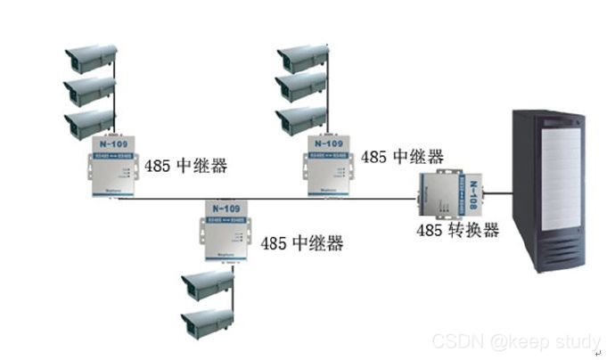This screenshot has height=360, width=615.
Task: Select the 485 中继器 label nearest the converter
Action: click(402, 157)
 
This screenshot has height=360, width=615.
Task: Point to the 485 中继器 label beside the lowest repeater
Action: click(301, 242)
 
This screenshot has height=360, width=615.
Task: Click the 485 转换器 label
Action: click(457, 230)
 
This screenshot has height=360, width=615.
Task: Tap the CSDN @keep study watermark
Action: click(516, 341)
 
